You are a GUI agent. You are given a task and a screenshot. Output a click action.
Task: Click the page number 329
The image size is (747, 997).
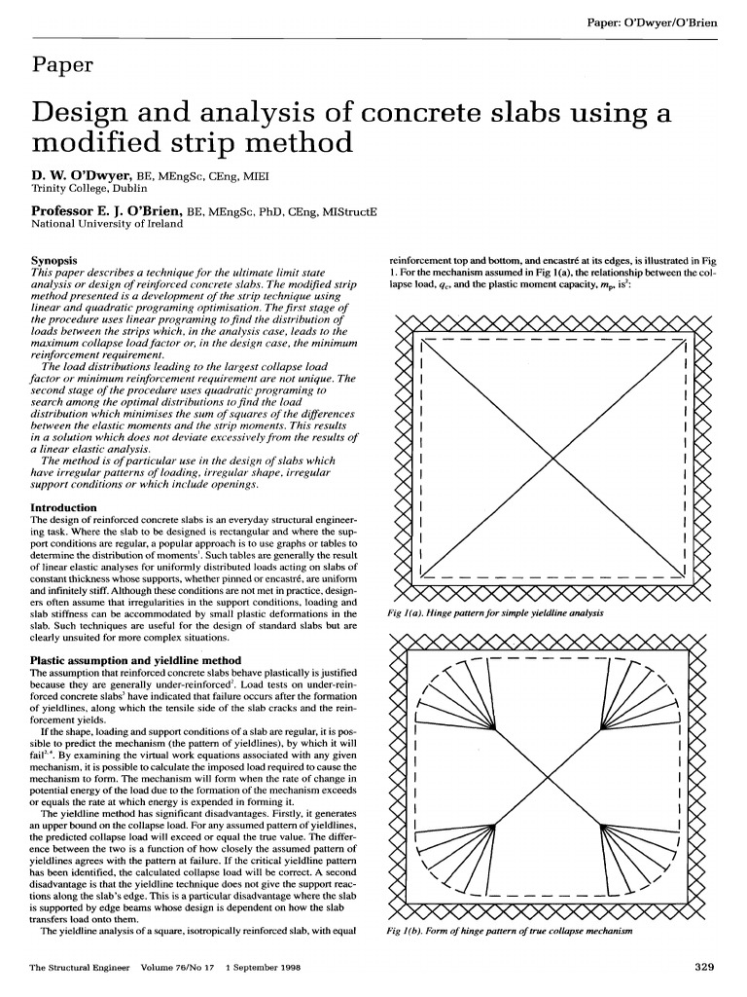tap(706, 967)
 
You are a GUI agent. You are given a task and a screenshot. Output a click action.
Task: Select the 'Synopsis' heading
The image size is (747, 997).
tap(54, 261)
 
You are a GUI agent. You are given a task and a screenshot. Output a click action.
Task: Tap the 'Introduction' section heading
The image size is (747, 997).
tap(64, 507)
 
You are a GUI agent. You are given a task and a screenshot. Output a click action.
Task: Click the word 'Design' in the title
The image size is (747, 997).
tap(86, 115)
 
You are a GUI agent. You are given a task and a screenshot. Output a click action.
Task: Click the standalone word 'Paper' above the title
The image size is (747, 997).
tap(62, 65)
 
